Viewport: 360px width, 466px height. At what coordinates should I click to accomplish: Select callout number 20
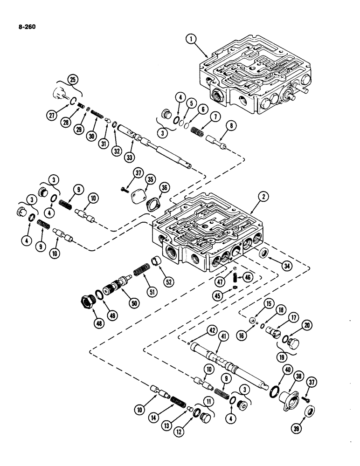tap(307, 326)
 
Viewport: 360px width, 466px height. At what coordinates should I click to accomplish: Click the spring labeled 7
tap(199, 127)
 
